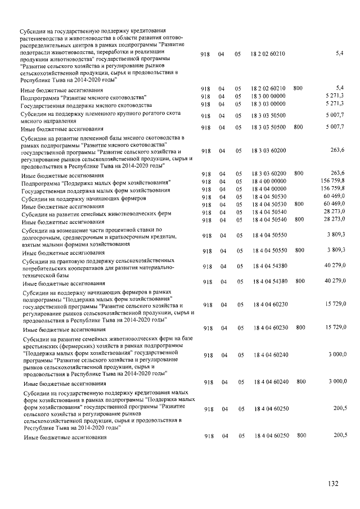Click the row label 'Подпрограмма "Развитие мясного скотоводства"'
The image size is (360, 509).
pyautogui.click(x=83, y=97)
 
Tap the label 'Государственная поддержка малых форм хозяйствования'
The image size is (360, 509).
pyautogui.click(x=95, y=191)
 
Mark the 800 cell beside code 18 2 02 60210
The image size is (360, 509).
pyautogui.click(x=298, y=88)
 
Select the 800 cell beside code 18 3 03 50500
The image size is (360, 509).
pyautogui.click(x=298, y=128)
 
